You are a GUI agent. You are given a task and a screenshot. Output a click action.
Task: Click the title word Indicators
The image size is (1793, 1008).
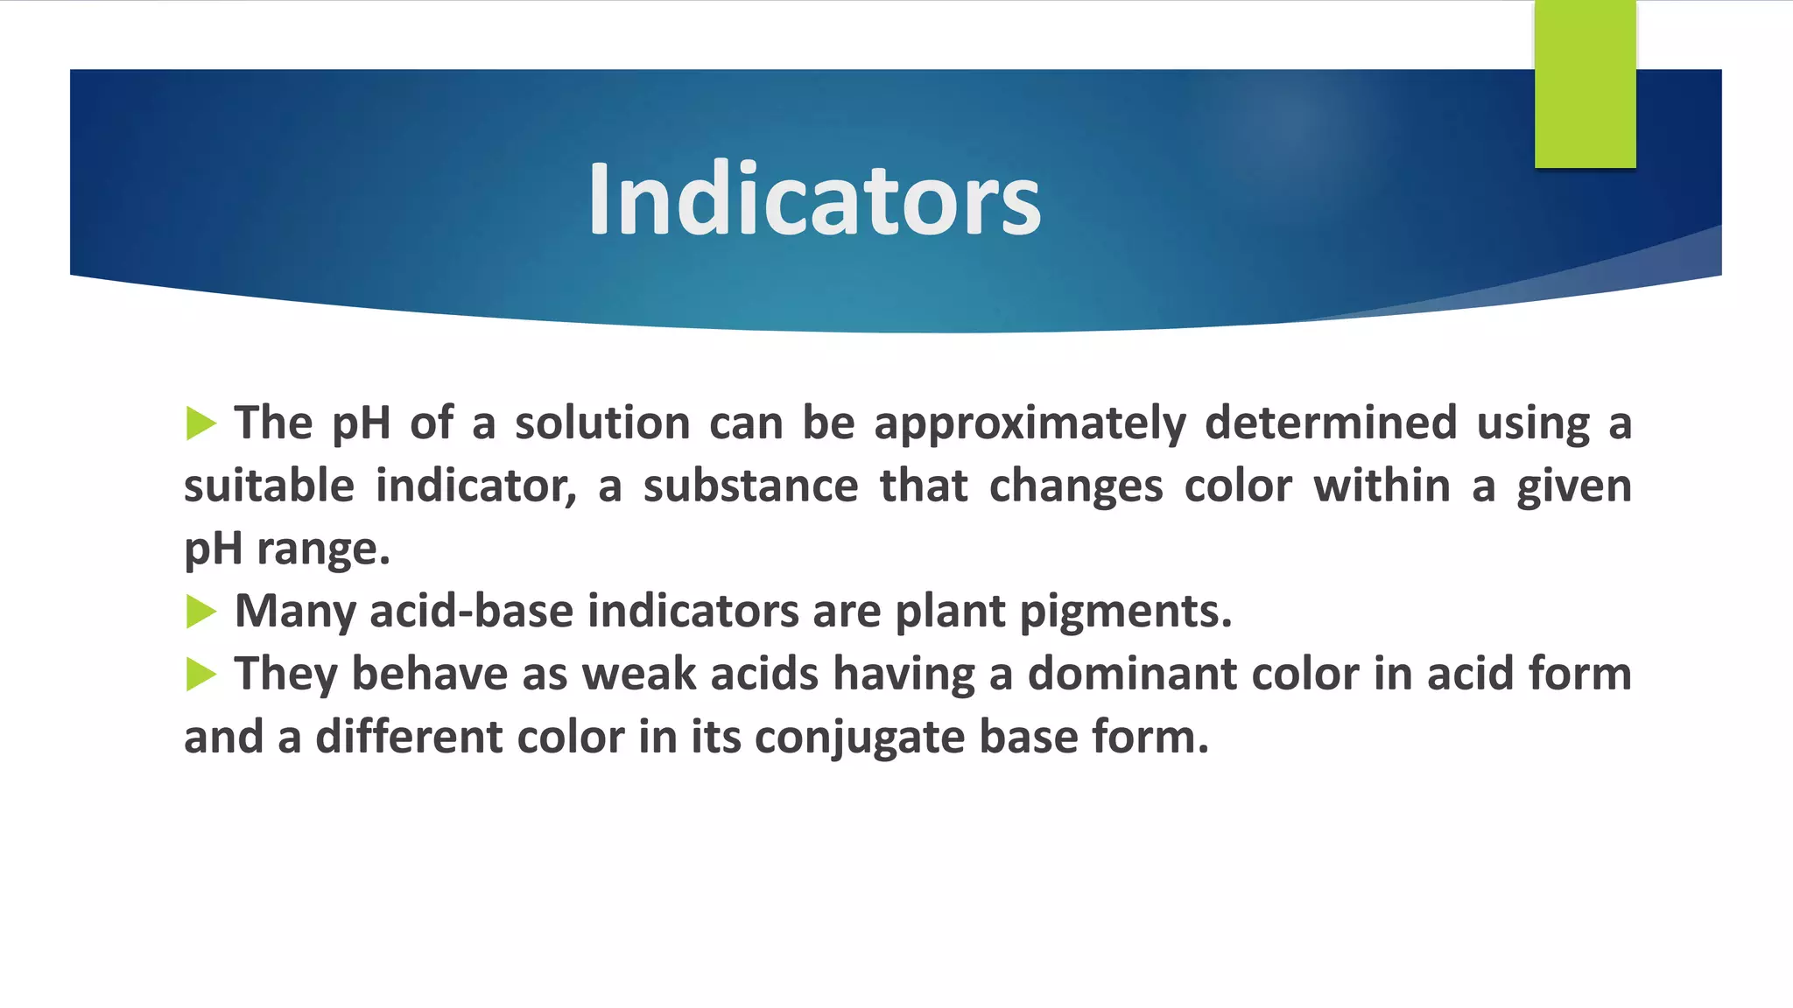(x=814, y=199)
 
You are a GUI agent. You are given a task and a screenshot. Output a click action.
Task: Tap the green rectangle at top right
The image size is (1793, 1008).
(x=1585, y=84)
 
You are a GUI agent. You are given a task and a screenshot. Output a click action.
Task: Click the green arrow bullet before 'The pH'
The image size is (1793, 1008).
(x=200, y=423)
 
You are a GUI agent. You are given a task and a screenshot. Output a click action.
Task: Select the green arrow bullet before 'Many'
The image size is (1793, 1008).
(x=200, y=612)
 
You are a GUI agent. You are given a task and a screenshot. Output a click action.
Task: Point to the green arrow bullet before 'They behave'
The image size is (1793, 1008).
(x=200, y=675)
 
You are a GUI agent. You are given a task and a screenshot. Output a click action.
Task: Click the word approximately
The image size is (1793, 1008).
(x=1030, y=424)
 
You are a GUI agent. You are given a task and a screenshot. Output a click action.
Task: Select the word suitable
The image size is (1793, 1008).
(x=269, y=486)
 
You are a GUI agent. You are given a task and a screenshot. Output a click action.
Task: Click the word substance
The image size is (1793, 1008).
(x=750, y=486)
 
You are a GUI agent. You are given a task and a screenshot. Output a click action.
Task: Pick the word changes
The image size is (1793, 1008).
(x=1075, y=486)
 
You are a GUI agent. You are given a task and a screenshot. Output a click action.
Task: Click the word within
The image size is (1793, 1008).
(x=1382, y=486)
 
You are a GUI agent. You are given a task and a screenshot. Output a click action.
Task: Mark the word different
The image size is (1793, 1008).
(x=408, y=738)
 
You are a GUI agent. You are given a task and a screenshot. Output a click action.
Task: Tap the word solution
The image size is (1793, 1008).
(x=602, y=423)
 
